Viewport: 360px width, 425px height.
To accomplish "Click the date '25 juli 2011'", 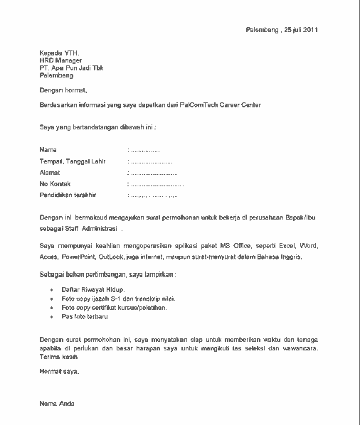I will (x=301, y=30).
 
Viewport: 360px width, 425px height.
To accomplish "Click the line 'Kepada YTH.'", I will (x=59, y=53).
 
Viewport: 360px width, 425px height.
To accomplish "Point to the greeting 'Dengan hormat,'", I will (x=63, y=90).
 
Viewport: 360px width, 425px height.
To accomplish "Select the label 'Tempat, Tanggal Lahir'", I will (x=73, y=161).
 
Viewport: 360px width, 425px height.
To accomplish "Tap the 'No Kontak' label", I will (x=55, y=183).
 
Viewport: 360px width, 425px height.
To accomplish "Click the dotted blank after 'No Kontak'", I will (x=156, y=184).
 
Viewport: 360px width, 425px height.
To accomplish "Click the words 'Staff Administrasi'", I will (x=91, y=230).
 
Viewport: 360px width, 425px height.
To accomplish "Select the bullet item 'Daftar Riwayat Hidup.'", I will (x=93, y=291).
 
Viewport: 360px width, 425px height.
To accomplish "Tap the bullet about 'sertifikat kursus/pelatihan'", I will (x=114, y=308).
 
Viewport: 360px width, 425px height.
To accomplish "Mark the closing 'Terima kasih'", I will (x=58, y=360).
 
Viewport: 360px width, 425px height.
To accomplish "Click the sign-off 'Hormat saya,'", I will (x=60, y=371).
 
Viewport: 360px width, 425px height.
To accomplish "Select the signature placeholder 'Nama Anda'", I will (x=57, y=404).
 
